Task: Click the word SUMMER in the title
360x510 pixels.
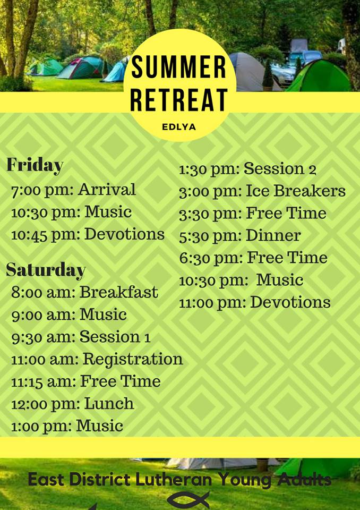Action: click(x=178, y=67)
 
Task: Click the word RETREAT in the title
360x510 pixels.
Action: click(x=179, y=100)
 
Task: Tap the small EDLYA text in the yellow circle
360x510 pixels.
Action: click(x=179, y=127)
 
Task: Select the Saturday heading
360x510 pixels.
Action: click(x=46, y=270)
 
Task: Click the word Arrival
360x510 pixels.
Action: click(x=107, y=190)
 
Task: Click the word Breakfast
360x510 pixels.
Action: click(x=119, y=292)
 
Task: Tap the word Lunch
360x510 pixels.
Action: click(x=109, y=404)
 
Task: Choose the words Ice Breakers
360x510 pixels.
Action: click(x=296, y=191)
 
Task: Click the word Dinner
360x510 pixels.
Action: click(x=273, y=235)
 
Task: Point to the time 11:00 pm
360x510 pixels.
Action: click(x=213, y=303)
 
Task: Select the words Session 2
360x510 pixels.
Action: click(x=280, y=169)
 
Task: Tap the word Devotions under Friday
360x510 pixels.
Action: click(x=125, y=234)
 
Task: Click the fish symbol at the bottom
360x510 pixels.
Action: click(x=188, y=499)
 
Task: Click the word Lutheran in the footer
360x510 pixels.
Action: click(x=173, y=479)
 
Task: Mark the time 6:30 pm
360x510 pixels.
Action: click(x=211, y=259)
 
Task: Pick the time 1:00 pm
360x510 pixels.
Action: click(x=41, y=427)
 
